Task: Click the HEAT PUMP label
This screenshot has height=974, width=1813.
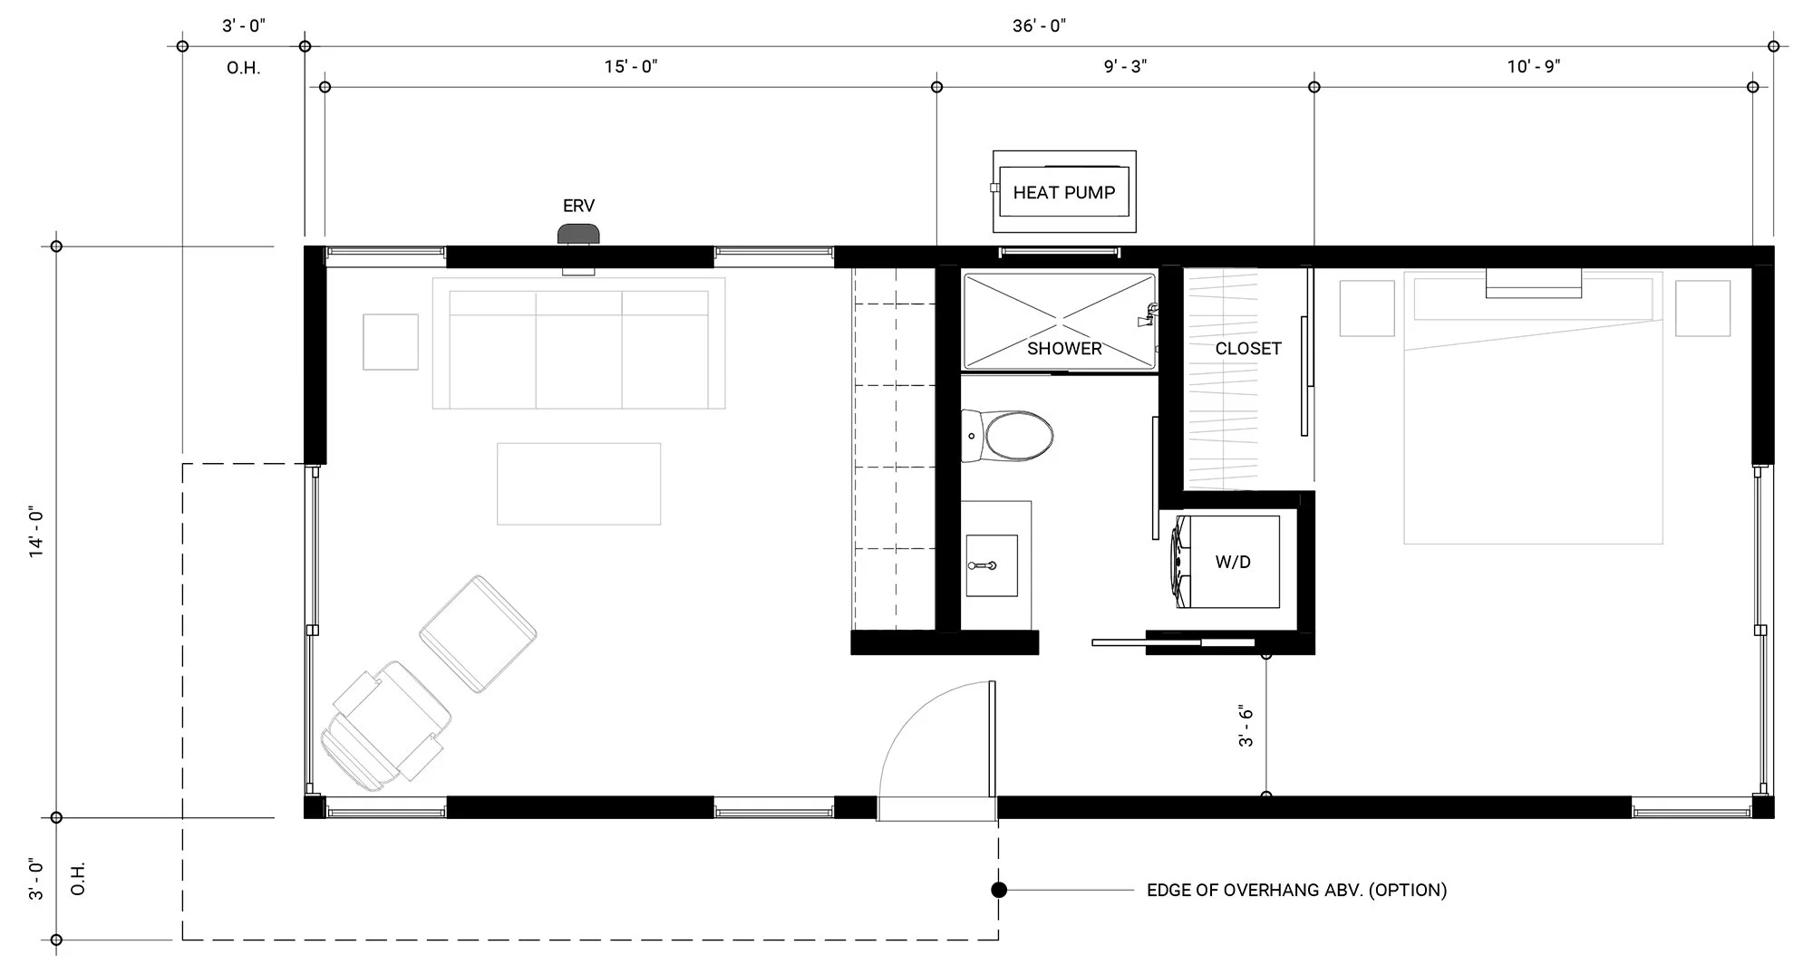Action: tap(1063, 192)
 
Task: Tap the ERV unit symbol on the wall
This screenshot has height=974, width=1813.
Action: tap(578, 234)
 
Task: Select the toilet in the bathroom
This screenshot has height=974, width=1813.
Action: tap(1007, 436)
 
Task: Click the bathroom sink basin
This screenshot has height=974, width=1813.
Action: tap(992, 565)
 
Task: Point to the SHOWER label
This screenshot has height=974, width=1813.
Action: tap(1064, 349)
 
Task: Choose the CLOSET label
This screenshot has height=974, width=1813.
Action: tap(1248, 349)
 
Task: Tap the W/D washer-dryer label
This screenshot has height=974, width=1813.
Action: tap(1233, 563)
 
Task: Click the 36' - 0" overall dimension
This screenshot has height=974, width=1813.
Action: tap(1039, 26)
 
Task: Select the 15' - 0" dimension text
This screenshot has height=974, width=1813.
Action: tap(631, 66)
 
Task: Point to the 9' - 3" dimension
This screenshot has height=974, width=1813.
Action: tap(1125, 66)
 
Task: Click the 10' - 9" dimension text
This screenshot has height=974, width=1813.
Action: tap(1534, 66)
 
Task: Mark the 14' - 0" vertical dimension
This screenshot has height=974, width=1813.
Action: tap(37, 533)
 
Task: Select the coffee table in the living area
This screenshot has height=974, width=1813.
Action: tap(578, 484)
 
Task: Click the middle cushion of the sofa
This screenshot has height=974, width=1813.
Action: tap(578, 350)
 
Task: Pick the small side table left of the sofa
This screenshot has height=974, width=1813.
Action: tap(391, 342)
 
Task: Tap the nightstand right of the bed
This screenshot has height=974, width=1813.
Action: tap(1703, 308)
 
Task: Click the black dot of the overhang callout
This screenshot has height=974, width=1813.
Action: tap(999, 890)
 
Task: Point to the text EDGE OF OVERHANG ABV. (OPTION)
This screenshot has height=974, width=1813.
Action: tap(1296, 891)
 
